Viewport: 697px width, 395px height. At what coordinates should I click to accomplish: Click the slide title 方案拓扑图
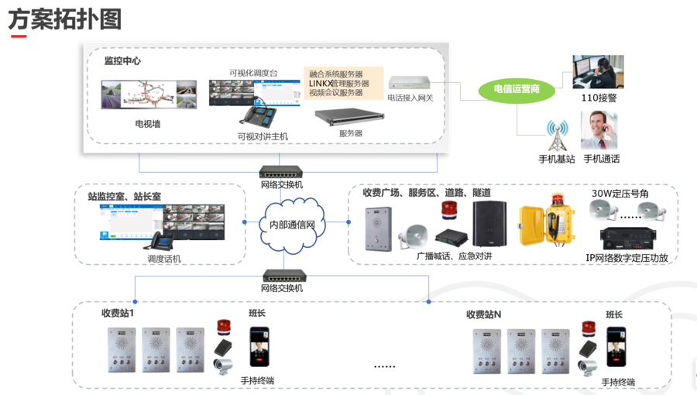click(x=65, y=19)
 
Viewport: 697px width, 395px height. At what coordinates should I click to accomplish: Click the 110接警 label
click(x=599, y=98)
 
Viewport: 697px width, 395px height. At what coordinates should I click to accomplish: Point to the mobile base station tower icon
click(x=556, y=136)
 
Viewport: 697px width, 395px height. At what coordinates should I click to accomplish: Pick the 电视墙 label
click(x=148, y=123)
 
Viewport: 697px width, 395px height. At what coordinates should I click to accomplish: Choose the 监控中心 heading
click(x=122, y=60)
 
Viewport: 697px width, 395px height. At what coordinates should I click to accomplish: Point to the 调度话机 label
click(x=163, y=259)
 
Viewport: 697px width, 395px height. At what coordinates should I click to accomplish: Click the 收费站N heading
click(x=484, y=314)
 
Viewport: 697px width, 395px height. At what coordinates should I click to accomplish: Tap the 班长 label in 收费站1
click(x=257, y=314)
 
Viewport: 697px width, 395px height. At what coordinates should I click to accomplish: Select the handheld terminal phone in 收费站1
click(x=259, y=348)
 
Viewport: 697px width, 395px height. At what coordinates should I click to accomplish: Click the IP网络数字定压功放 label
click(x=627, y=258)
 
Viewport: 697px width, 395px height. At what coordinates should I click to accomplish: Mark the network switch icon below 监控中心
click(x=281, y=172)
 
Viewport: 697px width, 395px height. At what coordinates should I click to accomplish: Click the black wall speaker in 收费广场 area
click(x=489, y=224)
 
